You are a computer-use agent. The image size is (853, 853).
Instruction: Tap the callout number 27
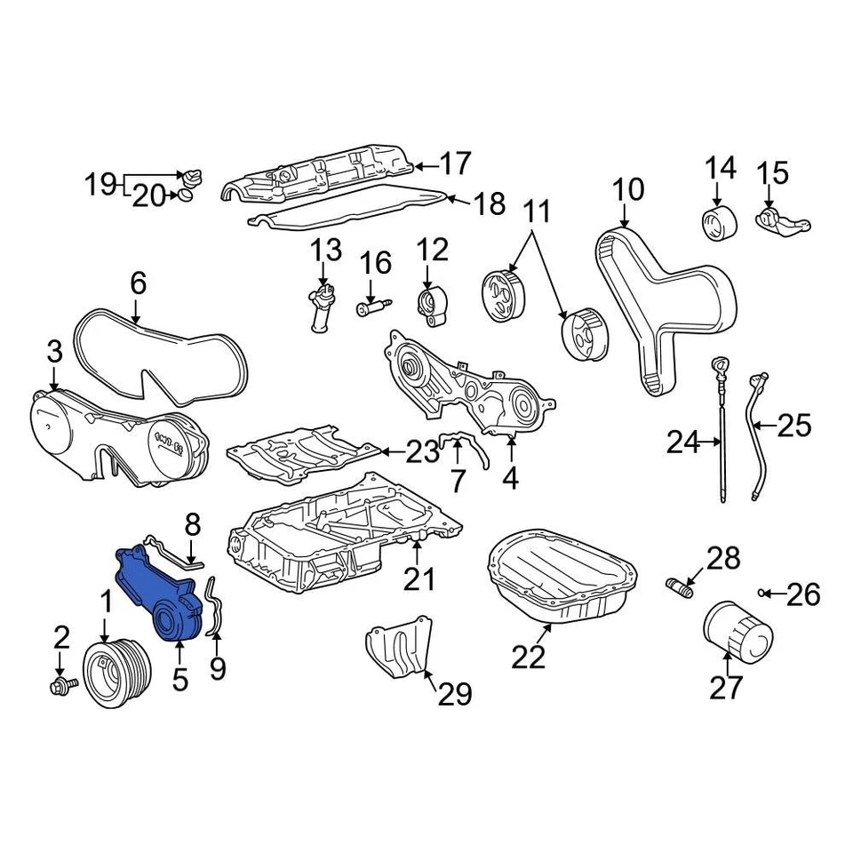[x=726, y=687]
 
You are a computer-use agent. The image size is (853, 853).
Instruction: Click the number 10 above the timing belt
[x=627, y=190]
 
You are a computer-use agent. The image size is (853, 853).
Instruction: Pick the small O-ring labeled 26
[x=762, y=593]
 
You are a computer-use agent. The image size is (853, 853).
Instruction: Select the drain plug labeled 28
[x=679, y=586]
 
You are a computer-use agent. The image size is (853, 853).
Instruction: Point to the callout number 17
[x=454, y=164]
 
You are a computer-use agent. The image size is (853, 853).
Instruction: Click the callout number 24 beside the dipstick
[x=683, y=442]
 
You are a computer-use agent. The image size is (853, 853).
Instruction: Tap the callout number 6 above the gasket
[x=138, y=284]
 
